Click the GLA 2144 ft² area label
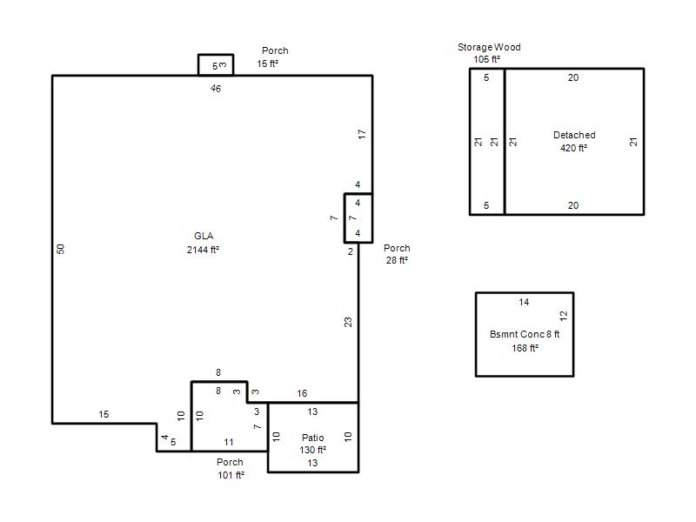[x=204, y=243]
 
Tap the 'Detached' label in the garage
[x=574, y=135]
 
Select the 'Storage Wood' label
[x=489, y=47]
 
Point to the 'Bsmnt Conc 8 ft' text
[x=525, y=334]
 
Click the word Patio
[x=313, y=438]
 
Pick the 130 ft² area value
[x=313, y=450]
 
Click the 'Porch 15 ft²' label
[x=271, y=57]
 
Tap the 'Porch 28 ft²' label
[x=397, y=254]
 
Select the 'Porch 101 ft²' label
[x=231, y=468]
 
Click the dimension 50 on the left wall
[x=61, y=249]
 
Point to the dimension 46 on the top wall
[x=216, y=89]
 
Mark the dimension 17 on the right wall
[x=362, y=134]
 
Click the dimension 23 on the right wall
[x=348, y=322]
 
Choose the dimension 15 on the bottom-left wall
[x=104, y=414]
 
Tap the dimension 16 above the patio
[x=302, y=393]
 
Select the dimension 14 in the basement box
[x=524, y=302]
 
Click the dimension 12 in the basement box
[x=563, y=316]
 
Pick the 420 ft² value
[x=573, y=148]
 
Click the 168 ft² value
[x=525, y=348]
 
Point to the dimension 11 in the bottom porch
[x=229, y=442]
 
